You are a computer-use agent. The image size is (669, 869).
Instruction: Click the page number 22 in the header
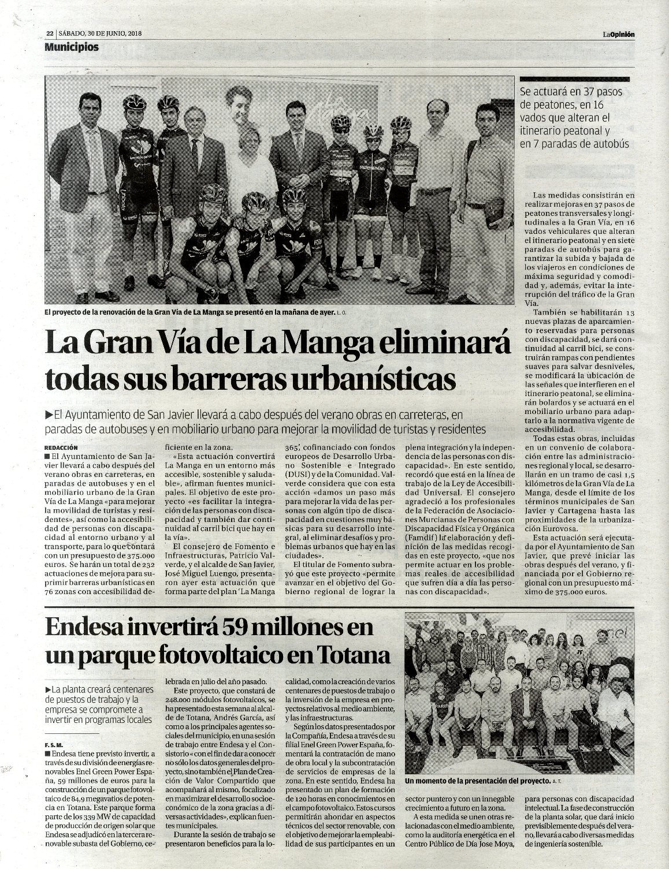click(x=50, y=33)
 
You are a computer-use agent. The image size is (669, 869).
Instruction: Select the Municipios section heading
click(x=72, y=47)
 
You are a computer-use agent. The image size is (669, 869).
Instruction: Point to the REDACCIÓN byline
click(x=60, y=447)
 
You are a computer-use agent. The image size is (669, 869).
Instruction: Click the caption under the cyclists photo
click(x=191, y=313)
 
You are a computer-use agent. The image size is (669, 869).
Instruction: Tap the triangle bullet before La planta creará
click(x=48, y=690)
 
